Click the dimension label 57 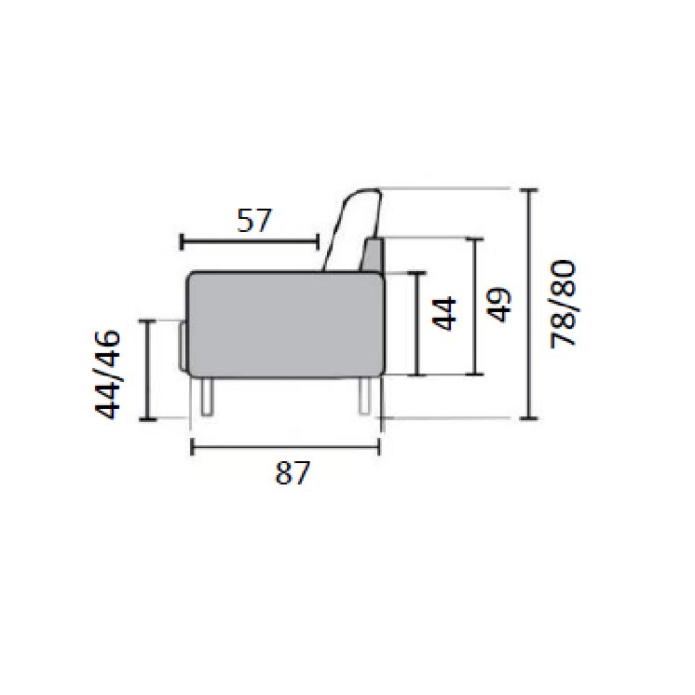click(254, 220)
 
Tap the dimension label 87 click(293, 472)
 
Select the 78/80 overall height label click(563, 305)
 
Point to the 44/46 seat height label click(108, 374)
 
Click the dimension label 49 click(498, 305)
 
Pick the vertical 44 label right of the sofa click(443, 314)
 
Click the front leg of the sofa click(207, 396)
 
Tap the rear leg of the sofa click(364, 395)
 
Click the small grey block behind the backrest click(373, 255)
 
